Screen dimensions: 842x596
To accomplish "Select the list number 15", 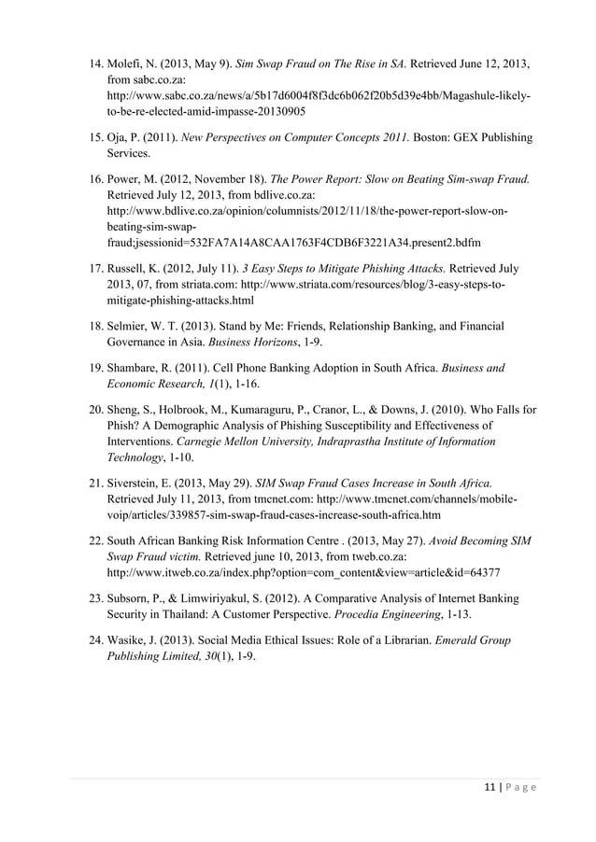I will (x=95, y=137).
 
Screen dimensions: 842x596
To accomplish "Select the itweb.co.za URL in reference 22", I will (x=304, y=571).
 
